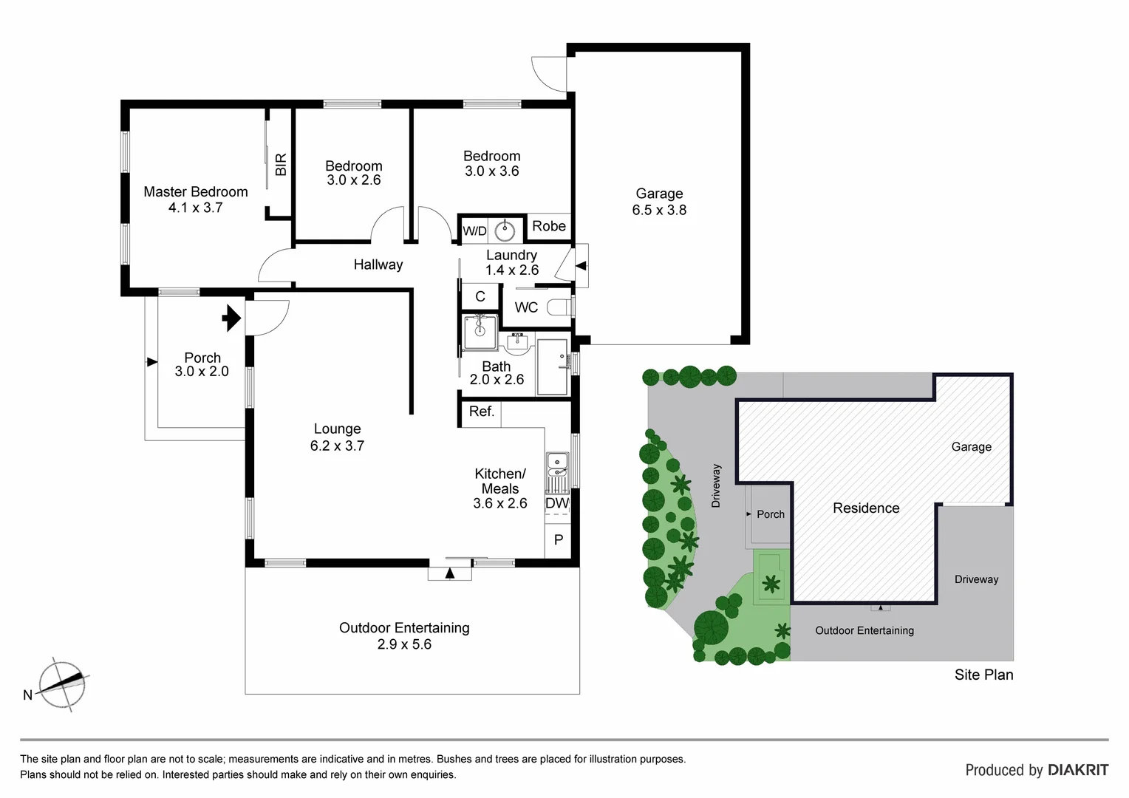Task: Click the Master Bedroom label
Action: point(195,192)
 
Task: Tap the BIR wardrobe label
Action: point(281,164)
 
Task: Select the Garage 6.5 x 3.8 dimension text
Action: point(659,211)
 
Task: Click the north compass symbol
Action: point(63,684)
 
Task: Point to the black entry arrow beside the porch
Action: point(231,318)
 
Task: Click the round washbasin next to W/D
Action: point(505,231)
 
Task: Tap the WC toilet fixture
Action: point(559,307)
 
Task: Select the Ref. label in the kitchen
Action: point(481,412)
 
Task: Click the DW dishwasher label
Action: point(557,503)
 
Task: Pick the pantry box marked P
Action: point(558,540)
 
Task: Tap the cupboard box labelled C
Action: point(480,297)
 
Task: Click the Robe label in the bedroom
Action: point(549,226)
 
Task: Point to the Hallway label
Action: point(378,265)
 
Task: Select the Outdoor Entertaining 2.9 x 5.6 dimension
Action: point(404,644)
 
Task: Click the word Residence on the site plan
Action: point(866,508)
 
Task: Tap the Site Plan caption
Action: point(983,675)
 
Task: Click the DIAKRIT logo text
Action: point(1077,770)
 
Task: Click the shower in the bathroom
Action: point(480,332)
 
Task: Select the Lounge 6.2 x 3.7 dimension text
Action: point(337,446)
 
